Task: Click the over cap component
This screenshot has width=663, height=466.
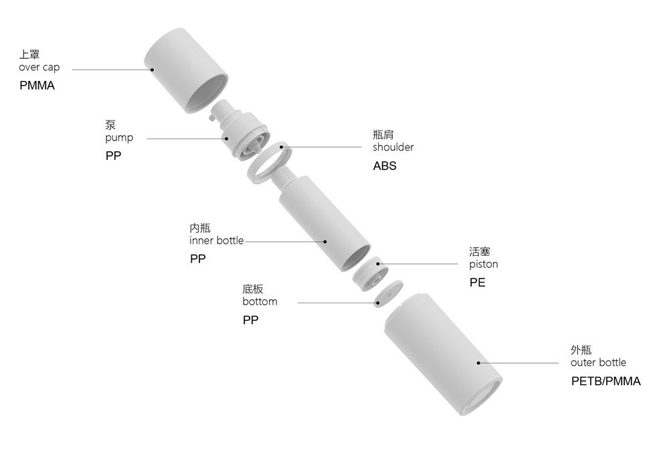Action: [186, 71]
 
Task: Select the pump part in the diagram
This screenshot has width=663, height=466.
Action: [240, 131]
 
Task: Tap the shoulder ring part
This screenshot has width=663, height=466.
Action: [269, 163]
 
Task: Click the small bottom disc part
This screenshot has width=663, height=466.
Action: [388, 293]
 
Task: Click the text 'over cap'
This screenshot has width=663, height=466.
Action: [39, 68]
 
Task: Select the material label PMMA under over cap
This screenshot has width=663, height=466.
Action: [37, 86]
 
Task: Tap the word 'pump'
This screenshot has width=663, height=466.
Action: [119, 138]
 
